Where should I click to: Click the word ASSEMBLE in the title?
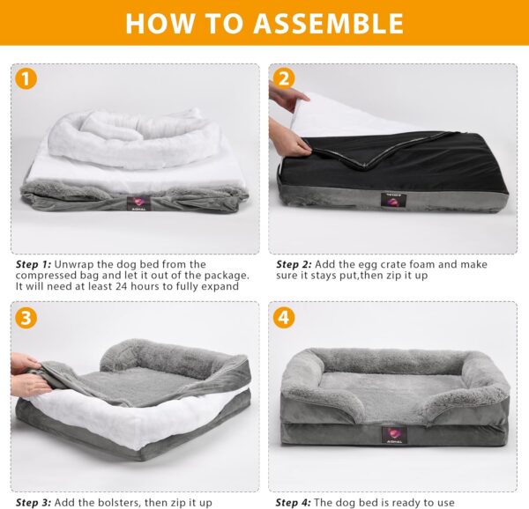coord(328,23)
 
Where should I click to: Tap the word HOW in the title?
coord(160,23)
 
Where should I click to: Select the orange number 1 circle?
coord(26,78)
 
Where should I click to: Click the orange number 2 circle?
coord(284,78)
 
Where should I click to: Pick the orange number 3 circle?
coord(26,318)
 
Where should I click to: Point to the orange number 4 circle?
coord(284,318)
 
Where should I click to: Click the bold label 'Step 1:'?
coord(34,264)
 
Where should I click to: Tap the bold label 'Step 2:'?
coord(294,264)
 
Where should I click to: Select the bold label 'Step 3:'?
coord(34,503)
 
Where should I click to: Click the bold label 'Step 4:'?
coord(294,503)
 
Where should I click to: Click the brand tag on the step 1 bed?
coord(138,203)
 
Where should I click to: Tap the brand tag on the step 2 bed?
coord(393,200)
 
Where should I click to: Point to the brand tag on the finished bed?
coord(394,435)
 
